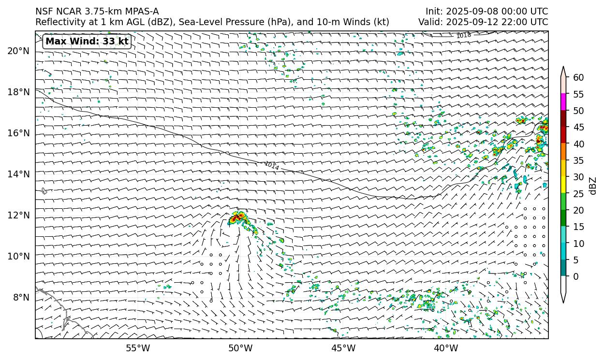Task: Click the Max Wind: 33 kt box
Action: (87, 42)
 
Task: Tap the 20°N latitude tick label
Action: (18, 51)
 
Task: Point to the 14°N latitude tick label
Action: (18, 174)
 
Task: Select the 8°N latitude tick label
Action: (21, 297)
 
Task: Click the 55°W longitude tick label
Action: (138, 348)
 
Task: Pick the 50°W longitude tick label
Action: (240, 348)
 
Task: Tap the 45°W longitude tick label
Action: (343, 348)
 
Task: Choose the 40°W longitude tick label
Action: (446, 348)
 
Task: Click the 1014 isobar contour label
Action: (271, 166)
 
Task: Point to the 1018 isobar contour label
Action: (463, 35)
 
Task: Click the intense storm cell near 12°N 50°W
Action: (237, 218)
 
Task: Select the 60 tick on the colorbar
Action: (578, 77)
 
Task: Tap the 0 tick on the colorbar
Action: (575, 277)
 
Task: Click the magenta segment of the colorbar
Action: (563, 102)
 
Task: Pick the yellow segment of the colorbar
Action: (563, 185)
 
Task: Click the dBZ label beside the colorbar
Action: (593, 186)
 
